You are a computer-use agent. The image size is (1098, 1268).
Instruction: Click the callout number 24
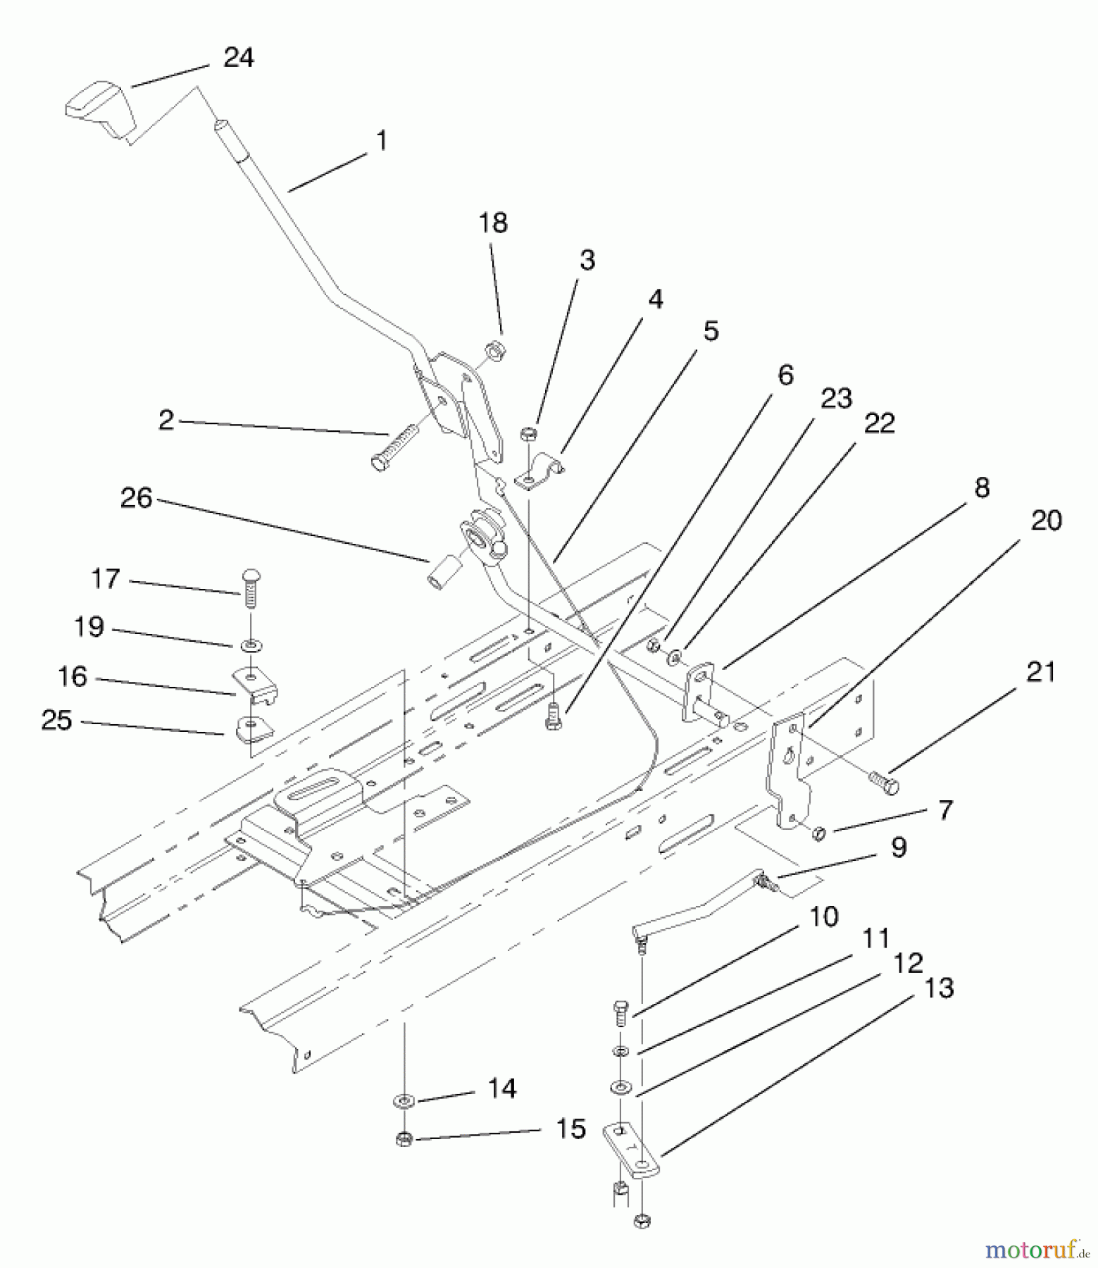(238, 57)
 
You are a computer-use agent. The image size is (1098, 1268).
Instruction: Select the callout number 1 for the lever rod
(381, 141)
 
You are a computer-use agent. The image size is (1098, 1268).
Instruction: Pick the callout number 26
(137, 498)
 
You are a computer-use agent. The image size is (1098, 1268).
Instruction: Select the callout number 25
(57, 720)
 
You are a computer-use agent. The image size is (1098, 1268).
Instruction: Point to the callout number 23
(836, 398)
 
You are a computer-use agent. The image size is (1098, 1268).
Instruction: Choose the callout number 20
(1046, 521)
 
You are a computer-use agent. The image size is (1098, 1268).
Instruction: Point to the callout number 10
(823, 917)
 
